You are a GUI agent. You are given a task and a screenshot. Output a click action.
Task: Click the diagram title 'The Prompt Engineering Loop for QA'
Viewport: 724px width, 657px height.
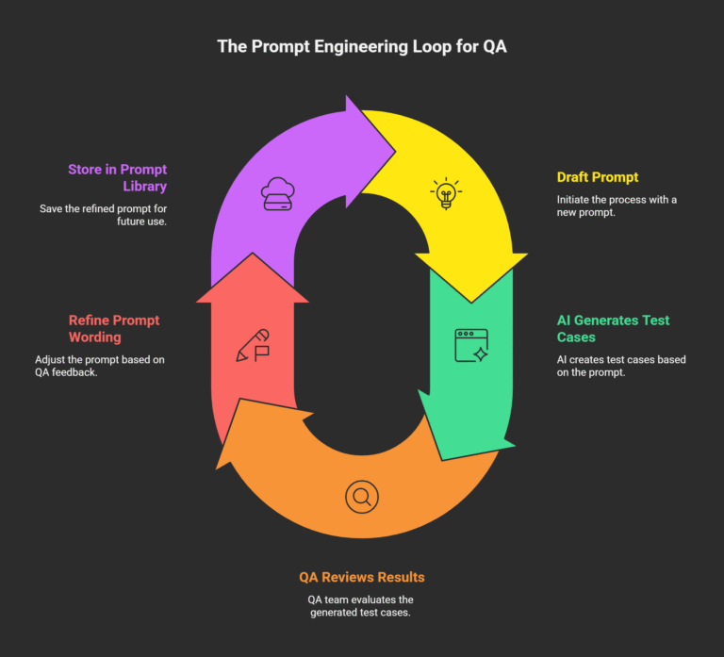tap(362, 46)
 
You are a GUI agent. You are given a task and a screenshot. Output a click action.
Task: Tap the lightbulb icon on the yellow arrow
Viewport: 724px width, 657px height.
tap(445, 194)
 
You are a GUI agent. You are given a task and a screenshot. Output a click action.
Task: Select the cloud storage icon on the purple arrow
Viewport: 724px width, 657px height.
tap(276, 193)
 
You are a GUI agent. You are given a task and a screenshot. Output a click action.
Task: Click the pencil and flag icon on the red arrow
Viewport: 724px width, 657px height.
tap(253, 346)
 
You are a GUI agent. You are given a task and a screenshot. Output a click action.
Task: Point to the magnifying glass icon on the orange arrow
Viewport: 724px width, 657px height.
tap(361, 496)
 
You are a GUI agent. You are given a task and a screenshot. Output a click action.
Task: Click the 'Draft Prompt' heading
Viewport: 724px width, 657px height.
tap(597, 177)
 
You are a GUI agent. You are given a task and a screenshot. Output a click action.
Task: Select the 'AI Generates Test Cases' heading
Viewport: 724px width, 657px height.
tap(613, 328)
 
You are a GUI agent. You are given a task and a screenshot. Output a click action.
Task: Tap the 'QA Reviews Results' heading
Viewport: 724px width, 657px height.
tap(361, 577)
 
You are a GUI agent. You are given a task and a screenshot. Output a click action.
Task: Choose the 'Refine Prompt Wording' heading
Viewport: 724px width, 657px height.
tap(114, 328)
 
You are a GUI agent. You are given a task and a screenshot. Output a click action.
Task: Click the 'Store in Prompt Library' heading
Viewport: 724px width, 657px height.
tap(117, 177)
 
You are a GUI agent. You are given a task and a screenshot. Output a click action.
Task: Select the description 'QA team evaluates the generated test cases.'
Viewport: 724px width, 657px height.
tap(361, 607)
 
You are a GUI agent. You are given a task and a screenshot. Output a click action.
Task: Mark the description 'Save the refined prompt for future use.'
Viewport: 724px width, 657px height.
tap(103, 215)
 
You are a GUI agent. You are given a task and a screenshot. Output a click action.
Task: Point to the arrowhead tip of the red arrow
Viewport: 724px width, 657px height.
tap(253, 254)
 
